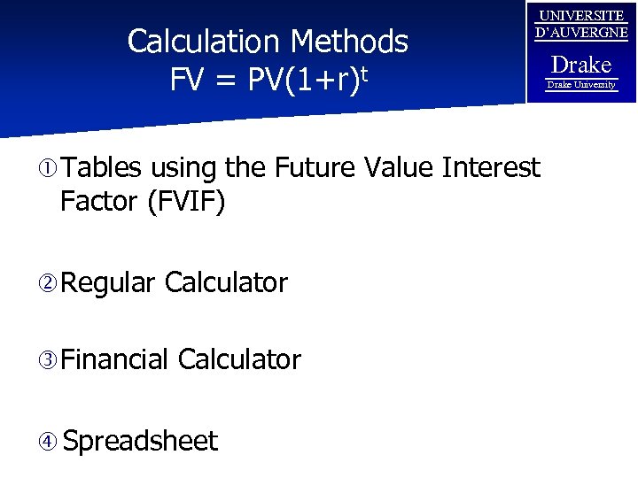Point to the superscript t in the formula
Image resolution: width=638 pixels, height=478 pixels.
362,73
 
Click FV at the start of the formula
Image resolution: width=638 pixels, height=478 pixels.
187,81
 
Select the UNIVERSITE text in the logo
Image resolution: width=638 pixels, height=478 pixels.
581,16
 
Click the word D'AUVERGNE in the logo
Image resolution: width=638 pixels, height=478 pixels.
581,33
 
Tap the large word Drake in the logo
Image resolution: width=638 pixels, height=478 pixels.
581,65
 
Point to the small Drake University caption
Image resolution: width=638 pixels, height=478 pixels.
581,85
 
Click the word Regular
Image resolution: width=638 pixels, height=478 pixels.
108,283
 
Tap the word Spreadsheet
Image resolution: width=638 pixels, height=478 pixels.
140,441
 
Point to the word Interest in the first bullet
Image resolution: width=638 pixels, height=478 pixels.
491,167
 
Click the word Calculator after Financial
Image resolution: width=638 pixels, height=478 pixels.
239,359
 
